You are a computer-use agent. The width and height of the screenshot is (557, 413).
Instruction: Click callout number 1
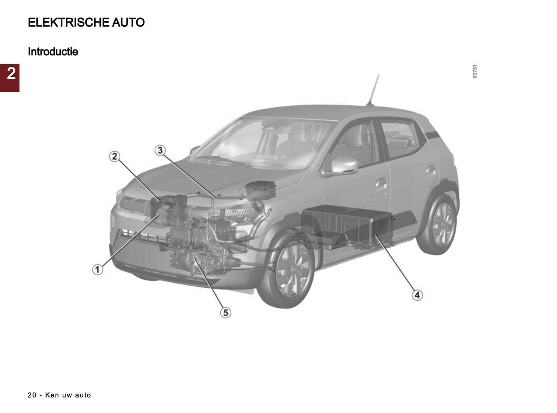click(98, 270)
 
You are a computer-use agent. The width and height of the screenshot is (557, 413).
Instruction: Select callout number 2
click(114, 156)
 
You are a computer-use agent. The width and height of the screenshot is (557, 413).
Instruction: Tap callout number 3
click(160, 151)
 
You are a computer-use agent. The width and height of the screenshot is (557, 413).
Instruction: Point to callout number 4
click(417, 295)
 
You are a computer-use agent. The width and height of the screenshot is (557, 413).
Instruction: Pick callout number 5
click(225, 313)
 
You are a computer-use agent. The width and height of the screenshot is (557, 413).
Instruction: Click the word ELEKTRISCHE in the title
click(69, 22)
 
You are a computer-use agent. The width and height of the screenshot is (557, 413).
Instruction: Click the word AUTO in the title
click(128, 22)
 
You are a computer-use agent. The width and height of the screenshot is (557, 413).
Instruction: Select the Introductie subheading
click(53, 52)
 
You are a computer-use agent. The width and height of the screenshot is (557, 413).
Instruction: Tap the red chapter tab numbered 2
click(10, 78)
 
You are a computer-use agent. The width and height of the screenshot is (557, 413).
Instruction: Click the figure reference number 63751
click(475, 71)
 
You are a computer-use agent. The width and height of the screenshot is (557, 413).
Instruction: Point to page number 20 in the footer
click(32, 395)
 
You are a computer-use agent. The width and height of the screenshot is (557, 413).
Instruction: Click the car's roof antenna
click(373, 90)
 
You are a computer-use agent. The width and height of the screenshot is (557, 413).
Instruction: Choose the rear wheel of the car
click(437, 224)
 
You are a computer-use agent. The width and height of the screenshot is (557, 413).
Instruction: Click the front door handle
click(381, 183)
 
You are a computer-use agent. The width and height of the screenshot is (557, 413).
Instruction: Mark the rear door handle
click(431, 170)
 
